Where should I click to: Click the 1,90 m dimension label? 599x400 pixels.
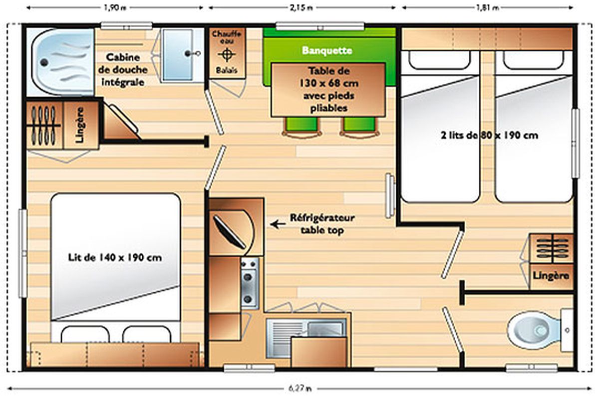point(115,7)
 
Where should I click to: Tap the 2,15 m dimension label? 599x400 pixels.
point(301,7)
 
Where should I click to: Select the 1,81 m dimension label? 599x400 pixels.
point(488,7)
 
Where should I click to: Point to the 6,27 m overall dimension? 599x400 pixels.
point(300,388)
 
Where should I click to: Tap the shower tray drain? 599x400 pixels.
point(44,62)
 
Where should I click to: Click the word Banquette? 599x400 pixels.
point(327,50)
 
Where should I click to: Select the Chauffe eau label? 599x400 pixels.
point(227,37)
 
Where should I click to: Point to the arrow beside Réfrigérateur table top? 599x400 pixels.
point(278,224)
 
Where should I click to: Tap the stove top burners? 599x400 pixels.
point(249,283)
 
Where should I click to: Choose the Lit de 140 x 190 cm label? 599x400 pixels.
point(115,257)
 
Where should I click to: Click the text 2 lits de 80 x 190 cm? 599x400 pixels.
point(489,135)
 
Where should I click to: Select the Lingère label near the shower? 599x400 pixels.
point(80,125)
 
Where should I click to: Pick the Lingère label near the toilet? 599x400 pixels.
point(551,275)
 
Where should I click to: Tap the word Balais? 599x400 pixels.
point(227,70)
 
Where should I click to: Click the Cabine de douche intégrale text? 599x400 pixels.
point(123,69)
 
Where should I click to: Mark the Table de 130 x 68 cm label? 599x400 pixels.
point(328,77)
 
